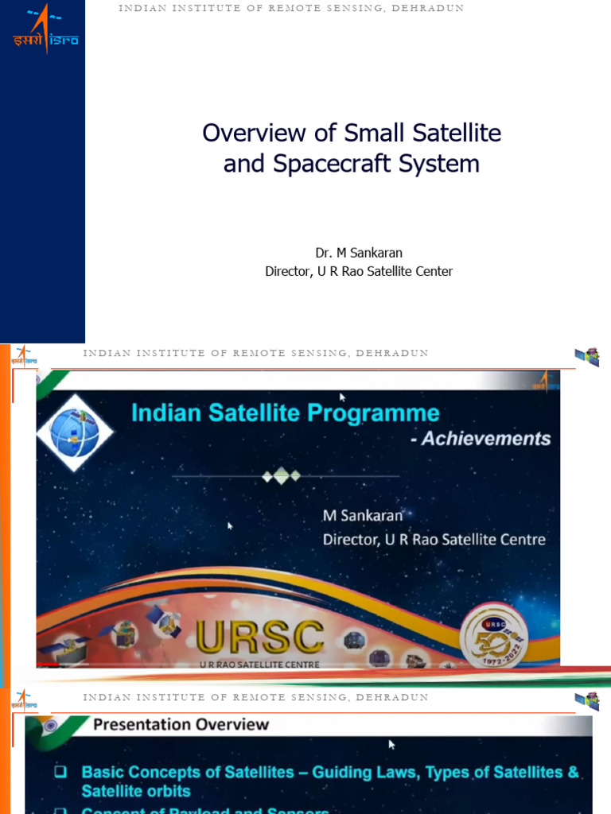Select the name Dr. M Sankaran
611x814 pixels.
click(x=359, y=253)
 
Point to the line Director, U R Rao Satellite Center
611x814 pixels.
click(x=359, y=271)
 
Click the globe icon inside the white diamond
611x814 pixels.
click(x=73, y=433)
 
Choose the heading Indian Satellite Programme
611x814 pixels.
click(x=285, y=413)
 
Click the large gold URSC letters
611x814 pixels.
click(x=260, y=637)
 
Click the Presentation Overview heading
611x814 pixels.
click(x=181, y=724)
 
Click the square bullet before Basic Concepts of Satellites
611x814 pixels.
click(x=61, y=772)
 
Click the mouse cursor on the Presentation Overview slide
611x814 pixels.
click(x=391, y=744)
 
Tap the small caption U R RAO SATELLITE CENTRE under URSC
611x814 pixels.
click(x=258, y=663)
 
